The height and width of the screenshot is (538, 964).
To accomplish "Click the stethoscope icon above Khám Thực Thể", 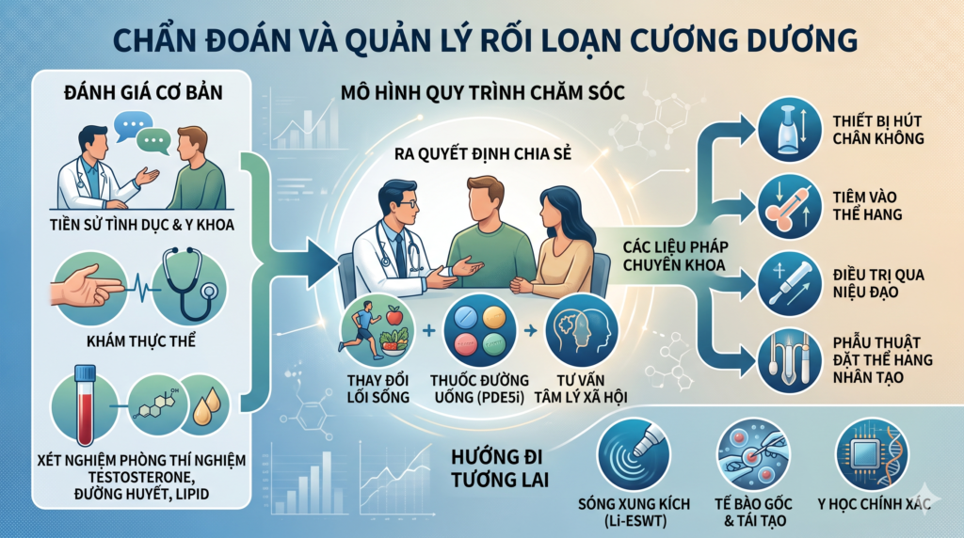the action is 189,286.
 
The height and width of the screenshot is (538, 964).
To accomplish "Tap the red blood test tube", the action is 84,404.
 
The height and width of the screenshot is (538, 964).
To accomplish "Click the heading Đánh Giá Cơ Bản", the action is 143,93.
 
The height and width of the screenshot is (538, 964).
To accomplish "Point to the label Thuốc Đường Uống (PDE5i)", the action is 479,388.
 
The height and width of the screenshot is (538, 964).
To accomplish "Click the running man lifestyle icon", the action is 378,331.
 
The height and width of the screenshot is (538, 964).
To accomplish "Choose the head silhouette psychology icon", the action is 581,331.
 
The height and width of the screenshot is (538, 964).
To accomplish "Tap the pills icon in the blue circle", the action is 479,331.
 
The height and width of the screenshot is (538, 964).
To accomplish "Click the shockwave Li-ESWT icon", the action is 634,454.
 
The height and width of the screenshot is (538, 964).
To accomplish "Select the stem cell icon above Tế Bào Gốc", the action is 754,454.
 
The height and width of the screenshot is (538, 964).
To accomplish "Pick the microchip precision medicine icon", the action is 873,454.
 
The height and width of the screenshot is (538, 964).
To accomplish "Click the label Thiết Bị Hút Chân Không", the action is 878,130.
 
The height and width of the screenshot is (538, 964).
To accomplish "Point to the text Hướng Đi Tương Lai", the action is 499,468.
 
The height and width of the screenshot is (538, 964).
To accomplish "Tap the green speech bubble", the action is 153,142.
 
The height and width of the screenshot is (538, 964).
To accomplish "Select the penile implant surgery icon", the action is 790,361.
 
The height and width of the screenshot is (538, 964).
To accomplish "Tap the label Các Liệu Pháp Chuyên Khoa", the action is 675,256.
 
